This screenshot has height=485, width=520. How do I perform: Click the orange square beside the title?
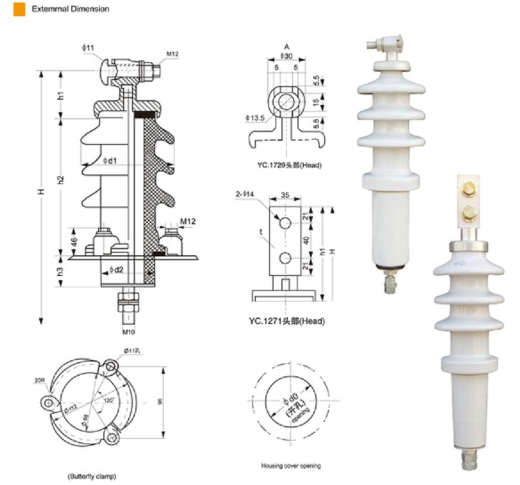(x=19, y=9)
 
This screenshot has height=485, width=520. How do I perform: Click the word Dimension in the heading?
(x=89, y=9)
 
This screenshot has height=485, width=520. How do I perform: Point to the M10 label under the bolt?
(x=128, y=331)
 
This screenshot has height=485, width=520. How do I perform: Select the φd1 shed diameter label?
(x=110, y=160)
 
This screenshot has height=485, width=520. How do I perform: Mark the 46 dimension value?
(x=74, y=242)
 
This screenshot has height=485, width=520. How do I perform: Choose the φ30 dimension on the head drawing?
(x=287, y=56)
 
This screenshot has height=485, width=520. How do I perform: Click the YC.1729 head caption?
(x=289, y=165)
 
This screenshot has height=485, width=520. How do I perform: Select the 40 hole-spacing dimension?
(x=306, y=240)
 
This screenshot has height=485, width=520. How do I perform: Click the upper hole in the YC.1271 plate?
(x=284, y=223)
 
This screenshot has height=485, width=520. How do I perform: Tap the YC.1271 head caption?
(x=287, y=321)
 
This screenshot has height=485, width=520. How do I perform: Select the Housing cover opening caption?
(x=290, y=466)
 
